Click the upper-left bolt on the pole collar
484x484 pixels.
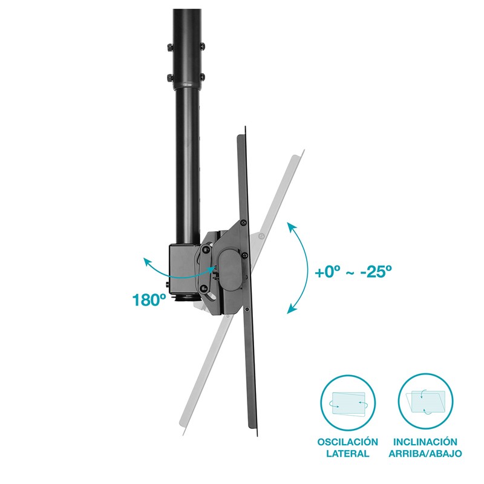(170, 47)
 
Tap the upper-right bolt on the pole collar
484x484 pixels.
(203, 47)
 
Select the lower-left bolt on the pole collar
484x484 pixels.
(170, 77)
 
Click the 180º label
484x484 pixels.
(149, 299)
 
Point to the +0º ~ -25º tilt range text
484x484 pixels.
(353, 272)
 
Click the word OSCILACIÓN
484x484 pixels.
(347, 442)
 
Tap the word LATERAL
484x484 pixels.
(347, 453)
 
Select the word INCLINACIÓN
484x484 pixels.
(425, 442)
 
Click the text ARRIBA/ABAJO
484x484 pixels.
(425, 453)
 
